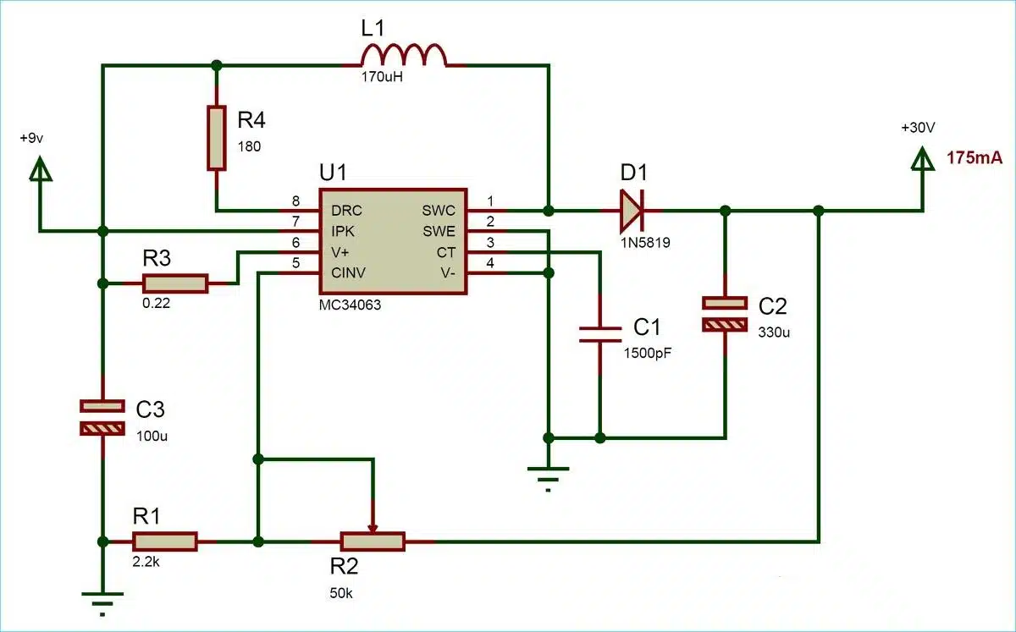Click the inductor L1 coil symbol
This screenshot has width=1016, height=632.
(x=403, y=56)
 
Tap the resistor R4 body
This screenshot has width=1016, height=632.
(x=217, y=137)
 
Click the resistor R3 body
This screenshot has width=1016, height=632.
(x=175, y=283)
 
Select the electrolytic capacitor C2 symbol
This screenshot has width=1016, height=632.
(x=726, y=313)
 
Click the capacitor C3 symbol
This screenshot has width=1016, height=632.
(x=102, y=417)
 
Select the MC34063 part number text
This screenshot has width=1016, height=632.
(x=350, y=305)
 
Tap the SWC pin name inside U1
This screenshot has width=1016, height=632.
(x=438, y=210)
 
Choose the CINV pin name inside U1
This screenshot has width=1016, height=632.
(x=348, y=273)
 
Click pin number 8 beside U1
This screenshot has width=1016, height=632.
(x=295, y=201)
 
